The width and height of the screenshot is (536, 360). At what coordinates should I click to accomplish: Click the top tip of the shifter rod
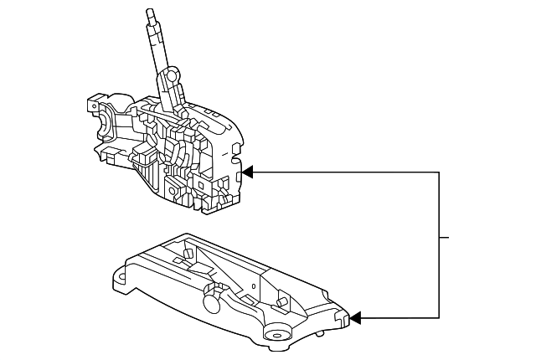(149, 12)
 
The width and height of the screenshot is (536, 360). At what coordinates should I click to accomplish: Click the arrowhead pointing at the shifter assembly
(248, 172)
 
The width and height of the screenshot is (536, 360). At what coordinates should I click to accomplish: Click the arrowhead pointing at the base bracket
(356, 318)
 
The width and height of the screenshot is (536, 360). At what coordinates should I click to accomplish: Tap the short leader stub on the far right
(445, 238)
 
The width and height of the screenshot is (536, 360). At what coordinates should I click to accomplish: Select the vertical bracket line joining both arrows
(439, 243)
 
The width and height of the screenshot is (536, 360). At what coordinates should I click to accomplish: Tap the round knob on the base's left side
(211, 292)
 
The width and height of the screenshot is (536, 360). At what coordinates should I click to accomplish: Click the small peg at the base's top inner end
(187, 252)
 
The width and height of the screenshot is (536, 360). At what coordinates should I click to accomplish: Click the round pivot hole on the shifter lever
(172, 77)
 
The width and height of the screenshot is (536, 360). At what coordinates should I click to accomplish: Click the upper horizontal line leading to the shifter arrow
(343, 172)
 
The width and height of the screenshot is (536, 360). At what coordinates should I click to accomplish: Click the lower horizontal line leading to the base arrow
(398, 318)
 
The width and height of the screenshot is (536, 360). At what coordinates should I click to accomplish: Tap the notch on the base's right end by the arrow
(344, 319)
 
